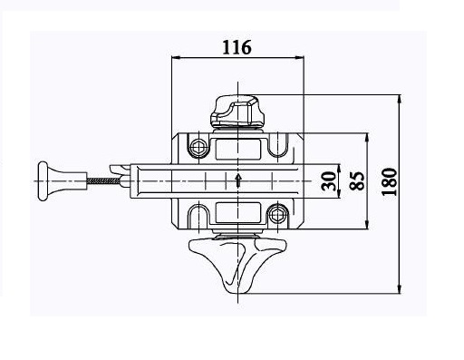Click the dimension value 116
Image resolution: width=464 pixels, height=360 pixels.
tap(237, 46)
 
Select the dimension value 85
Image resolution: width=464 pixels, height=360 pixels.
tap(356, 180)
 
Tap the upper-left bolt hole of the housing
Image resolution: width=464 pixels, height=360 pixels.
tap(195, 144)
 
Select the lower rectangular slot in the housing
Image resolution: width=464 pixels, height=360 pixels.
tap(237, 214)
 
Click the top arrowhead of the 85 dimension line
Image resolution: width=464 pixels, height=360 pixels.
tap(366, 137)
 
